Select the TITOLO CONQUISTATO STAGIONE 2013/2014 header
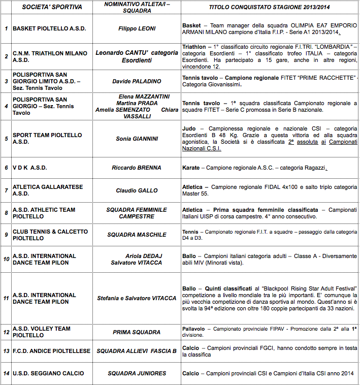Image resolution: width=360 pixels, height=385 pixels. pos(270,8)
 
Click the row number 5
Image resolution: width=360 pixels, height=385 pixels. pos(6,139)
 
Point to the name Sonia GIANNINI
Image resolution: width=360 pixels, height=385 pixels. pos(137,139)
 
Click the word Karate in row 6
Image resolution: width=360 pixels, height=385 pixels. pos(191,168)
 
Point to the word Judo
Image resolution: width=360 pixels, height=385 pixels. pos(189,129)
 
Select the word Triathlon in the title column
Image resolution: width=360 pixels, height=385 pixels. pos(194,47)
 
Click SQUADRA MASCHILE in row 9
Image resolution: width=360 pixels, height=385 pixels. pos(137,235)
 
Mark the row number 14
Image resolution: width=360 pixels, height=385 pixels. pos(6,373)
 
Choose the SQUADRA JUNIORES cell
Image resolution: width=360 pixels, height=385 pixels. pos(137,373)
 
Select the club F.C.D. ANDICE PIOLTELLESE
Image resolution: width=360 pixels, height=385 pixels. pos(51,351)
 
